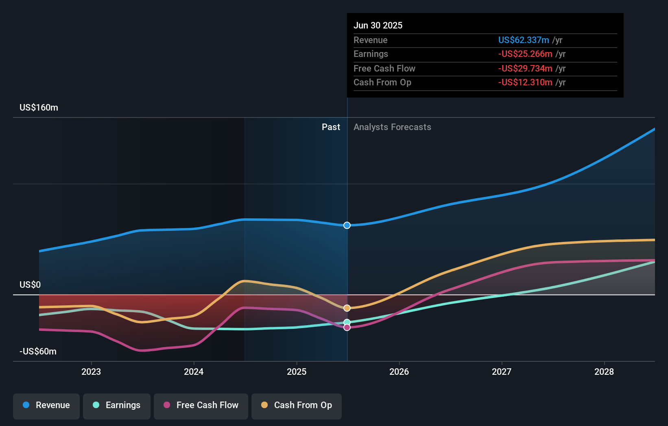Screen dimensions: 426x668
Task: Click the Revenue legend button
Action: [x=46, y=406]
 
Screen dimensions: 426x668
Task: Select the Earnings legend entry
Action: [x=117, y=406]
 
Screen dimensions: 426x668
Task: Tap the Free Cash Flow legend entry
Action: [x=201, y=406]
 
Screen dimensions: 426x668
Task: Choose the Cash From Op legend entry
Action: [x=297, y=406]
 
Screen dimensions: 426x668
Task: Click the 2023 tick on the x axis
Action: [x=91, y=372]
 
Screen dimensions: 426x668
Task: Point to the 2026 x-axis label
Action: [x=399, y=372]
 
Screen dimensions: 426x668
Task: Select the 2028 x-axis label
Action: [x=604, y=372]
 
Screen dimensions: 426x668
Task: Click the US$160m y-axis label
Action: [x=39, y=108]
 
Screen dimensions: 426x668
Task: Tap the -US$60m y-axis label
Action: [x=38, y=352]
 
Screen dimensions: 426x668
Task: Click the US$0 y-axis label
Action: [x=30, y=285]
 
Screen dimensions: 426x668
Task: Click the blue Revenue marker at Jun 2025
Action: [x=347, y=225]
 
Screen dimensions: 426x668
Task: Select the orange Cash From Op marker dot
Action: [x=347, y=308]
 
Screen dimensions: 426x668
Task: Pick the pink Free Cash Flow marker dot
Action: [x=347, y=328]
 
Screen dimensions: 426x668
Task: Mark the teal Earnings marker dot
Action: [x=347, y=322]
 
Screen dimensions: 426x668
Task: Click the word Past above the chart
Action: [x=331, y=127]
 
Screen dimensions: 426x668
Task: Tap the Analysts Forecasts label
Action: [x=392, y=127]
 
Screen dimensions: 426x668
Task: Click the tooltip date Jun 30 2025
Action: [x=378, y=26]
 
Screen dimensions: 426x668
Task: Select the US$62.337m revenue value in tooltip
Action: [x=524, y=40]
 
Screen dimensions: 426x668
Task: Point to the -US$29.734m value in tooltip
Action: [x=525, y=69]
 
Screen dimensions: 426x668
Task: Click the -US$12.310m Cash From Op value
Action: [x=525, y=83]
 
